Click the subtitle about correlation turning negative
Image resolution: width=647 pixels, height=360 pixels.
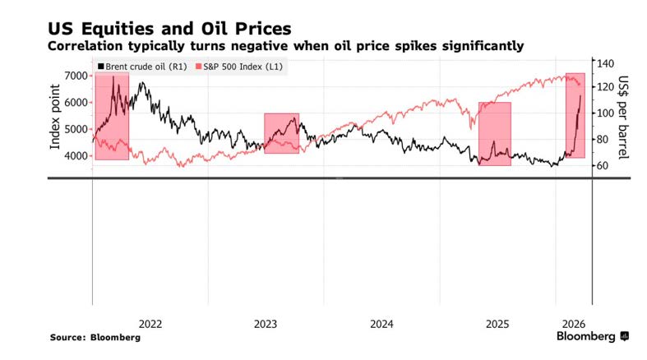[x=287, y=45]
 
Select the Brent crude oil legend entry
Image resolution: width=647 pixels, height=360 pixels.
[x=140, y=66]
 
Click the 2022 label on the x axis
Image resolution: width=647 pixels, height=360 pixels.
[x=150, y=324]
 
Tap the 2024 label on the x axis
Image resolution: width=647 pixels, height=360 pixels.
[x=381, y=324]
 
